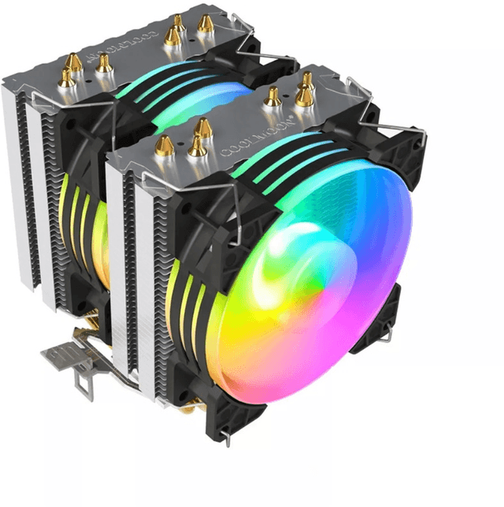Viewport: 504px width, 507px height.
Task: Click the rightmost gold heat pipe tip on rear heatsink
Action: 206,23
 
